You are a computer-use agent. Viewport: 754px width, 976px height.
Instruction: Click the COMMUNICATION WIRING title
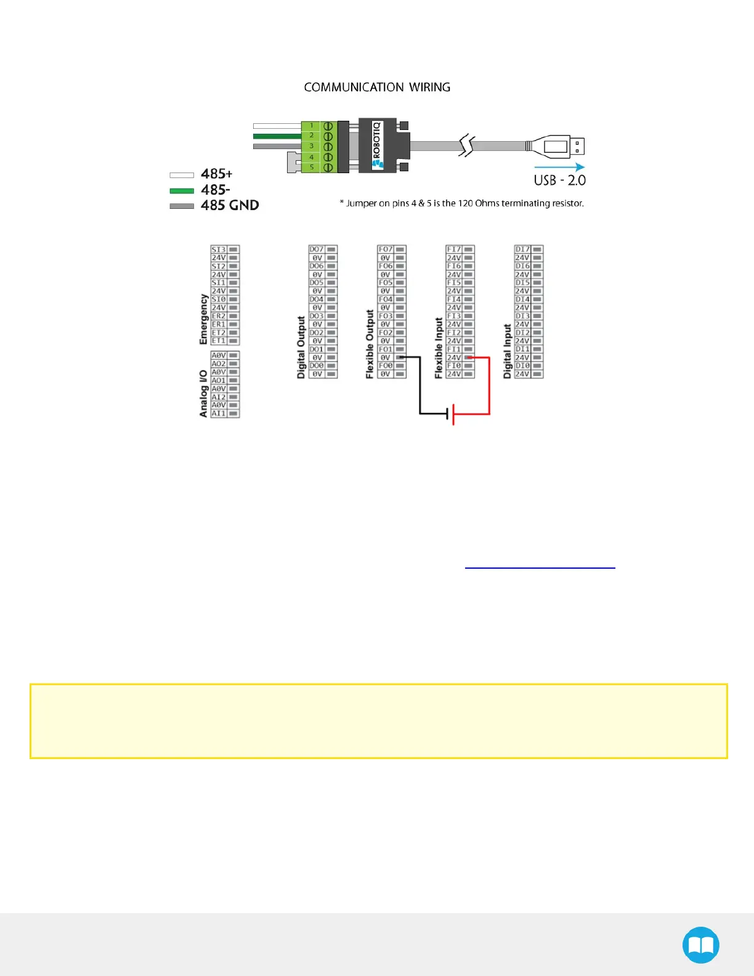[x=377, y=87]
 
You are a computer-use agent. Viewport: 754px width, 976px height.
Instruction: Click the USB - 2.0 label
[x=559, y=181]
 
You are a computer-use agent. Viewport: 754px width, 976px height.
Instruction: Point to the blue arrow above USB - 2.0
[x=559, y=167]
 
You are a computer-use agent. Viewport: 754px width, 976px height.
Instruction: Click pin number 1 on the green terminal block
[x=312, y=126]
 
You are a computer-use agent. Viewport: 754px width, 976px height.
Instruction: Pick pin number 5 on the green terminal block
[x=312, y=167]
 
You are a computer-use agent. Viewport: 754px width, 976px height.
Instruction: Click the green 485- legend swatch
[x=182, y=190]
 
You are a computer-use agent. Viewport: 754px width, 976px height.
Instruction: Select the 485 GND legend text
[x=230, y=205]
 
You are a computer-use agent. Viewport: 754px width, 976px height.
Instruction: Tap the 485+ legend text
[x=217, y=174]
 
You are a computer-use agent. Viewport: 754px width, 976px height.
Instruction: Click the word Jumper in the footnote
[x=361, y=203]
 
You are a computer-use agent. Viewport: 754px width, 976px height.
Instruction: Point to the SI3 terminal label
[x=219, y=250]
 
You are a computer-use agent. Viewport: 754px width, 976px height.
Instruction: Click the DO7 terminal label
[x=317, y=250]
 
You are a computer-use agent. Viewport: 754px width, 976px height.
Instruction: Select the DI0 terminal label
[x=522, y=366]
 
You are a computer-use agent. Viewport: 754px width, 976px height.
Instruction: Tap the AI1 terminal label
[x=219, y=413]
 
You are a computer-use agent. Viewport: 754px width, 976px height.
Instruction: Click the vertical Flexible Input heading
[x=439, y=348]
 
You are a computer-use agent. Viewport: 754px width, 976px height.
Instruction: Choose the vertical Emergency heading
[x=203, y=319]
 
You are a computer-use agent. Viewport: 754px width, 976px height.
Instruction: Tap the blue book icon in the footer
[x=700, y=945]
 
